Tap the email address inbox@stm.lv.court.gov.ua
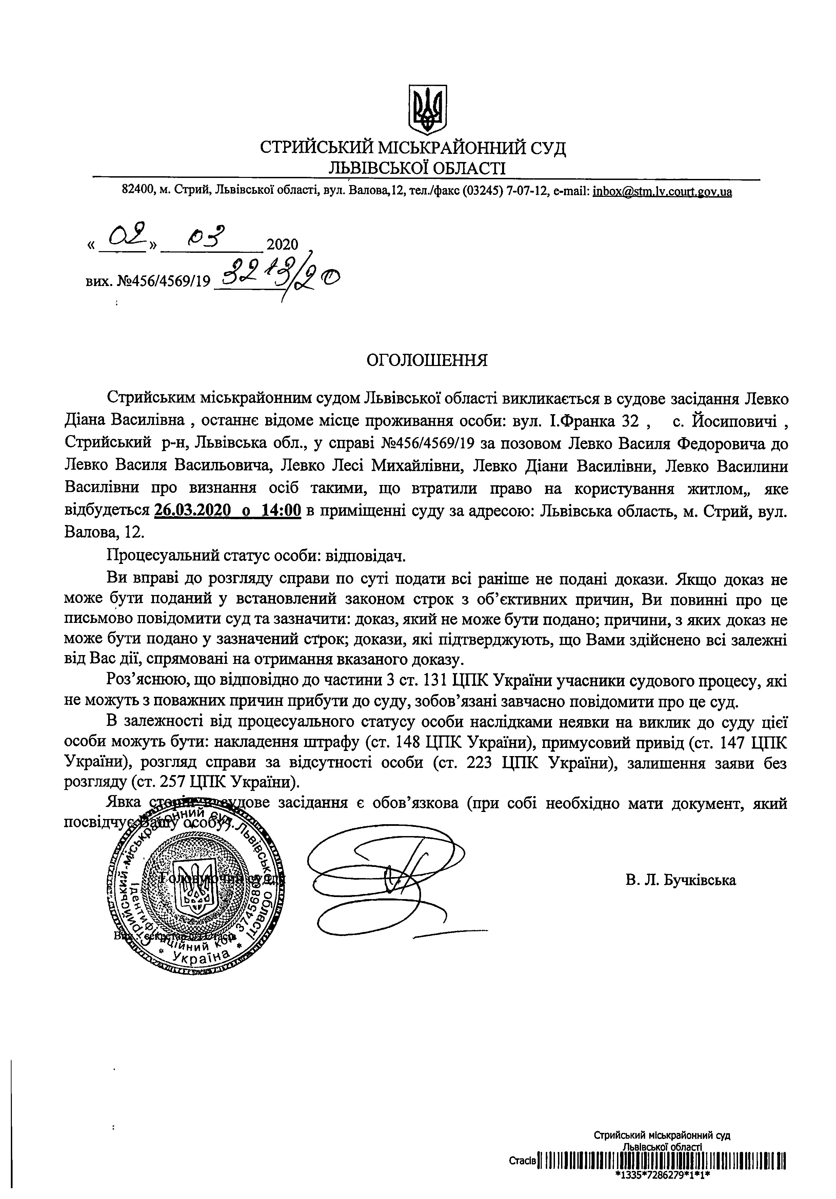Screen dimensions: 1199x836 click(662, 192)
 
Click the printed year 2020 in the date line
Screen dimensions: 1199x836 click(282, 244)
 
